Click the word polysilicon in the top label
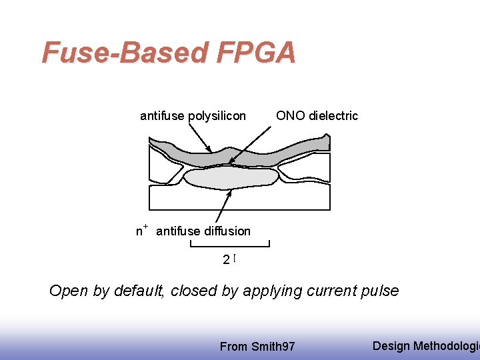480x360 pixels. (217, 116)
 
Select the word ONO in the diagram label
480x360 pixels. (291, 115)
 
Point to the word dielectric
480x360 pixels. (333, 115)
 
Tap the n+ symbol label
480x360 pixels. (141, 231)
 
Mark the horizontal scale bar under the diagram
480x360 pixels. (229, 245)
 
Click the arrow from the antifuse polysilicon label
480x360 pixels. (199, 138)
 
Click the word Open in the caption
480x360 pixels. (67, 291)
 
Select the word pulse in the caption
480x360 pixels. (379, 291)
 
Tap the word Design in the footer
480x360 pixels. (391, 345)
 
